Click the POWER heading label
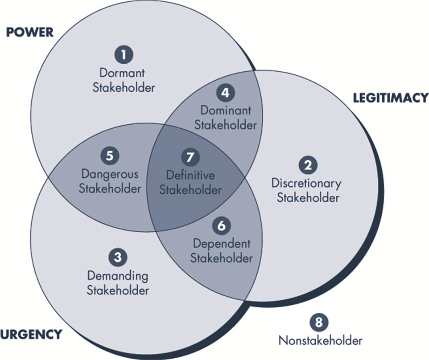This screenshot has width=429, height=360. (29, 32)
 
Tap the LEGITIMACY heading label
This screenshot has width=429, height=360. (390, 98)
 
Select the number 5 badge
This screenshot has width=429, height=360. (110, 156)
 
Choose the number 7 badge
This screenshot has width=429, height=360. (190, 157)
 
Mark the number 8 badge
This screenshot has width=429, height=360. (320, 322)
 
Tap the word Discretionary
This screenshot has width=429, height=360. (306, 183)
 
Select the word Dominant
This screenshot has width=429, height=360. (226, 110)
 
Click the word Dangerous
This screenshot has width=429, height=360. (109, 174)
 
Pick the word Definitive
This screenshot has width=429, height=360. (190, 175)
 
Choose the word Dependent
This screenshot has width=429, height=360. (222, 243)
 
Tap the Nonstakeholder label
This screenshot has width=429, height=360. (320, 341)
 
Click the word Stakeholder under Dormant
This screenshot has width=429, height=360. (124, 87)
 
